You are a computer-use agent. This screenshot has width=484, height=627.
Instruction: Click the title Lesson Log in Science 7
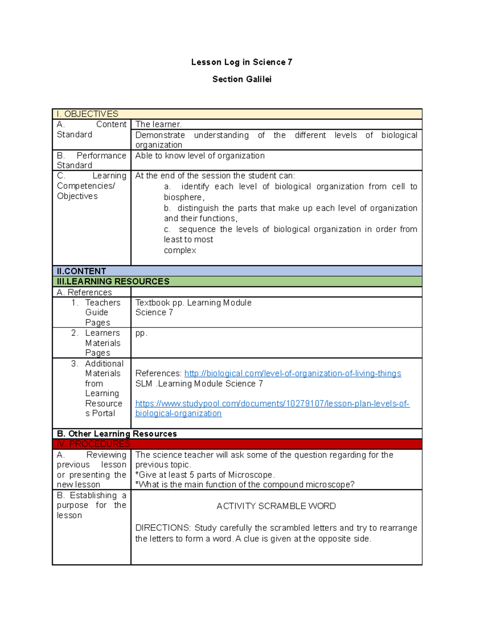[x=242, y=62]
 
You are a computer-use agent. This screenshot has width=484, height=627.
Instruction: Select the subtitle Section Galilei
[x=242, y=80]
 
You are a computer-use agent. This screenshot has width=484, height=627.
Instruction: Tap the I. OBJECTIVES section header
[x=88, y=114]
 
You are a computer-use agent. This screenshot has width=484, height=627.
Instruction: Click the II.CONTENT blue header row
[x=81, y=271]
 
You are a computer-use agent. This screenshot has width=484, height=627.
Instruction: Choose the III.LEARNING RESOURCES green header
[x=113, y=281]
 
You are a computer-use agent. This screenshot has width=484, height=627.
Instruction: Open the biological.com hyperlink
[x=292, y=373]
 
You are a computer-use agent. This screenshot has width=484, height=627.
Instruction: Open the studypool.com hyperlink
[x=272, y=404]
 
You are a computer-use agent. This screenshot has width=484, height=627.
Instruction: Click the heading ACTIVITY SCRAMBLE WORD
[x=276, y=506]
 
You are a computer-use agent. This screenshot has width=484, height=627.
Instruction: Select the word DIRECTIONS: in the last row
[x=163, y=528]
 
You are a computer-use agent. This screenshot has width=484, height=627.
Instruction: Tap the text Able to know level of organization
[x=200, y=156]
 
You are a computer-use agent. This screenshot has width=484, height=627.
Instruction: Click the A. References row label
[x=84, y=292]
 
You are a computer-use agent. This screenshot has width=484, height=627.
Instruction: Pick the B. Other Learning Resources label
[x=117, y=434]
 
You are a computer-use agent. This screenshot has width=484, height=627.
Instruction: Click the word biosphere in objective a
[x=183, y=197]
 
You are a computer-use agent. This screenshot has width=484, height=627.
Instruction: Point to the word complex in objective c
[x=180, y=251]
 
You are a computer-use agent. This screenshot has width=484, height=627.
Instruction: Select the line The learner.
[x=159, y=124]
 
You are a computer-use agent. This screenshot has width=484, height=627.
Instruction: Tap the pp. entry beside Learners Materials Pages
[x=141, y=333]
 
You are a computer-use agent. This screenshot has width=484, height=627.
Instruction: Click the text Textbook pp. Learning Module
[x=193, y=303]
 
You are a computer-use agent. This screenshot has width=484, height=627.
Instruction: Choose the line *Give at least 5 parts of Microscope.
[x=205, y=475]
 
